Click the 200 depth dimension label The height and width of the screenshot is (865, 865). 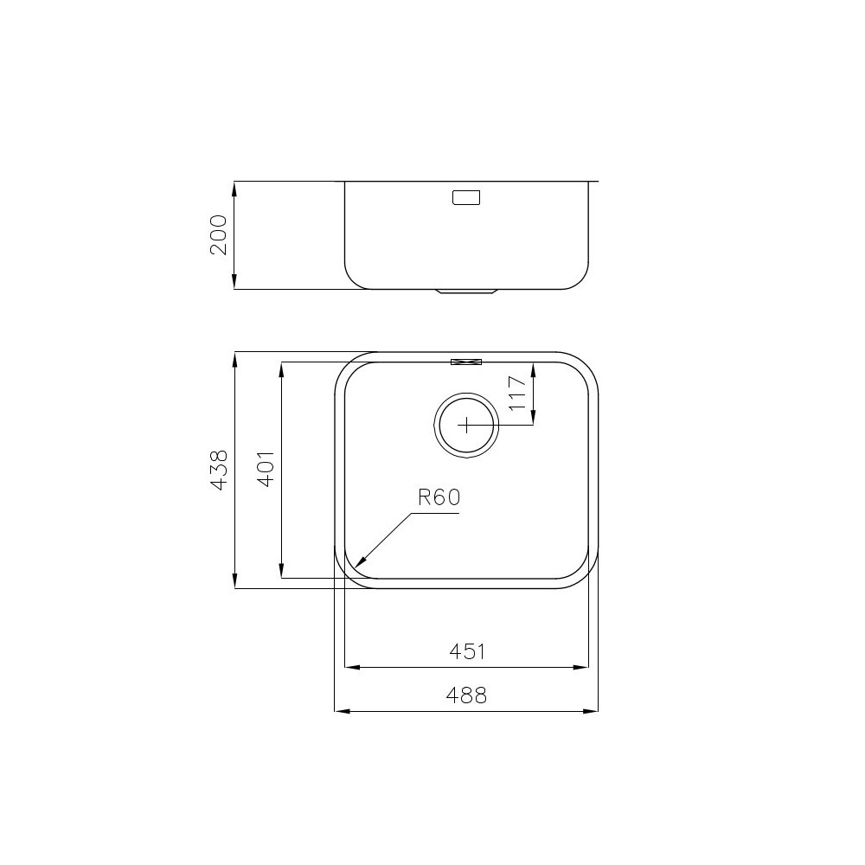click(219, 234)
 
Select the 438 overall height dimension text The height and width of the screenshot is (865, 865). click(219, 471)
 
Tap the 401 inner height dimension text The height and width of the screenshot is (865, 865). click(266, 469)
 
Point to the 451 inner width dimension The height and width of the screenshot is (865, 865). click(467, 651)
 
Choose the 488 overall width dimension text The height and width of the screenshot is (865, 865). click(467, 695)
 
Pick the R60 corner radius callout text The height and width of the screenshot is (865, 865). click(439, 497)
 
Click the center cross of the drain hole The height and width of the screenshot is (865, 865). click(466, 425)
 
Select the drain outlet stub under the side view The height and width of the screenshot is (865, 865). click(467, 292)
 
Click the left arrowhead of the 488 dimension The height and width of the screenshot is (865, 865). click(337, 711)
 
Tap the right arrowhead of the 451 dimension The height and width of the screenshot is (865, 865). click(586, 668)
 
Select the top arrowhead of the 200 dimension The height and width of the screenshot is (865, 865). click(235, 185)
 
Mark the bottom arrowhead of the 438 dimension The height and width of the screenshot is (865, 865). click(235, 586)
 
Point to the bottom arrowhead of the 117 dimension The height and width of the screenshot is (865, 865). click(533, 421)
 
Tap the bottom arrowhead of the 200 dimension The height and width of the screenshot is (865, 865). click(235, 285)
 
